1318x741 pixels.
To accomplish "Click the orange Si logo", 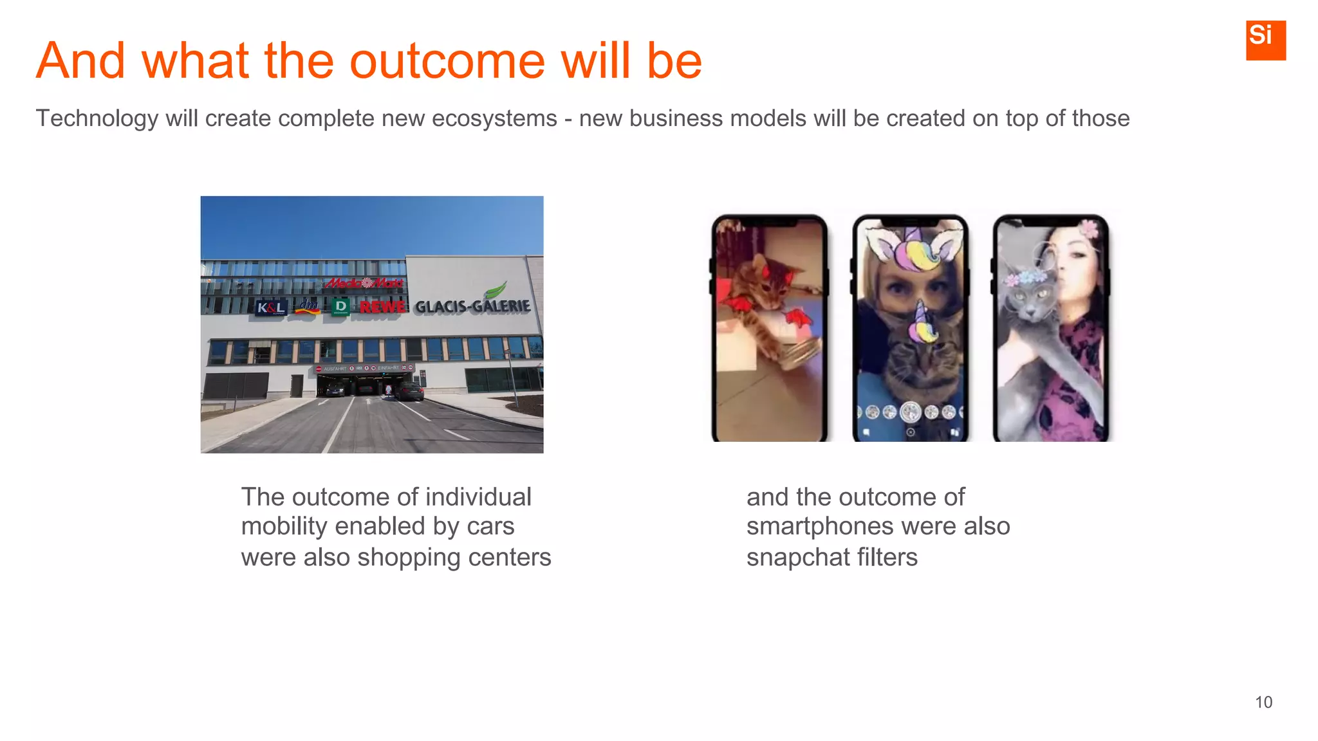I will click(x=1265, y=40).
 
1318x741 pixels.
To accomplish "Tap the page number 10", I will click(x=1263, y=702).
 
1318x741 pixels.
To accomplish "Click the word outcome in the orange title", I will click(x=447, y=61).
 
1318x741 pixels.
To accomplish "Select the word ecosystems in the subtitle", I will click(x=494, y=118).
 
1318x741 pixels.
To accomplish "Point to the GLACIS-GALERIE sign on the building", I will click(x=472, y=306).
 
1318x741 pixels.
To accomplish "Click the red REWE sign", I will click(x=383, y=307).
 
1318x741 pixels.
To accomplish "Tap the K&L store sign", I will click(x=270, y=307).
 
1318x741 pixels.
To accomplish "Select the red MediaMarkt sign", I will click(x=364, y=283).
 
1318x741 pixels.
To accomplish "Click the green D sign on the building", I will click(x=340, y=306).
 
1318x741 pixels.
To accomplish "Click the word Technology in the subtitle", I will click(x=97, y=118).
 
